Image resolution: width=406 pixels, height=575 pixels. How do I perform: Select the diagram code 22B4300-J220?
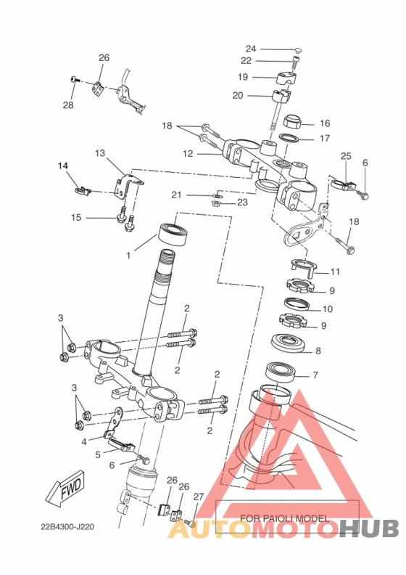67,527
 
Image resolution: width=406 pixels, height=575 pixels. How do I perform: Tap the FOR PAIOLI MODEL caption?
284,518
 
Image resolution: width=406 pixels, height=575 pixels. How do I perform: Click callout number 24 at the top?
251,49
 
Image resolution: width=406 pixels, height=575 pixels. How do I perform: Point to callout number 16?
325,123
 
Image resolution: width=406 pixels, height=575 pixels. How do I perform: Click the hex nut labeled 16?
293,121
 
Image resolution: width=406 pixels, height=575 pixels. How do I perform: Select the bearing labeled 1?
174,234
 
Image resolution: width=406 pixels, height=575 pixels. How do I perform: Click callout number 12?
188,154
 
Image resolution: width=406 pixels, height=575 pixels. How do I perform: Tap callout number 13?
100,153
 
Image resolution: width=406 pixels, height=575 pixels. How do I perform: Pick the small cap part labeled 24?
299,50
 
